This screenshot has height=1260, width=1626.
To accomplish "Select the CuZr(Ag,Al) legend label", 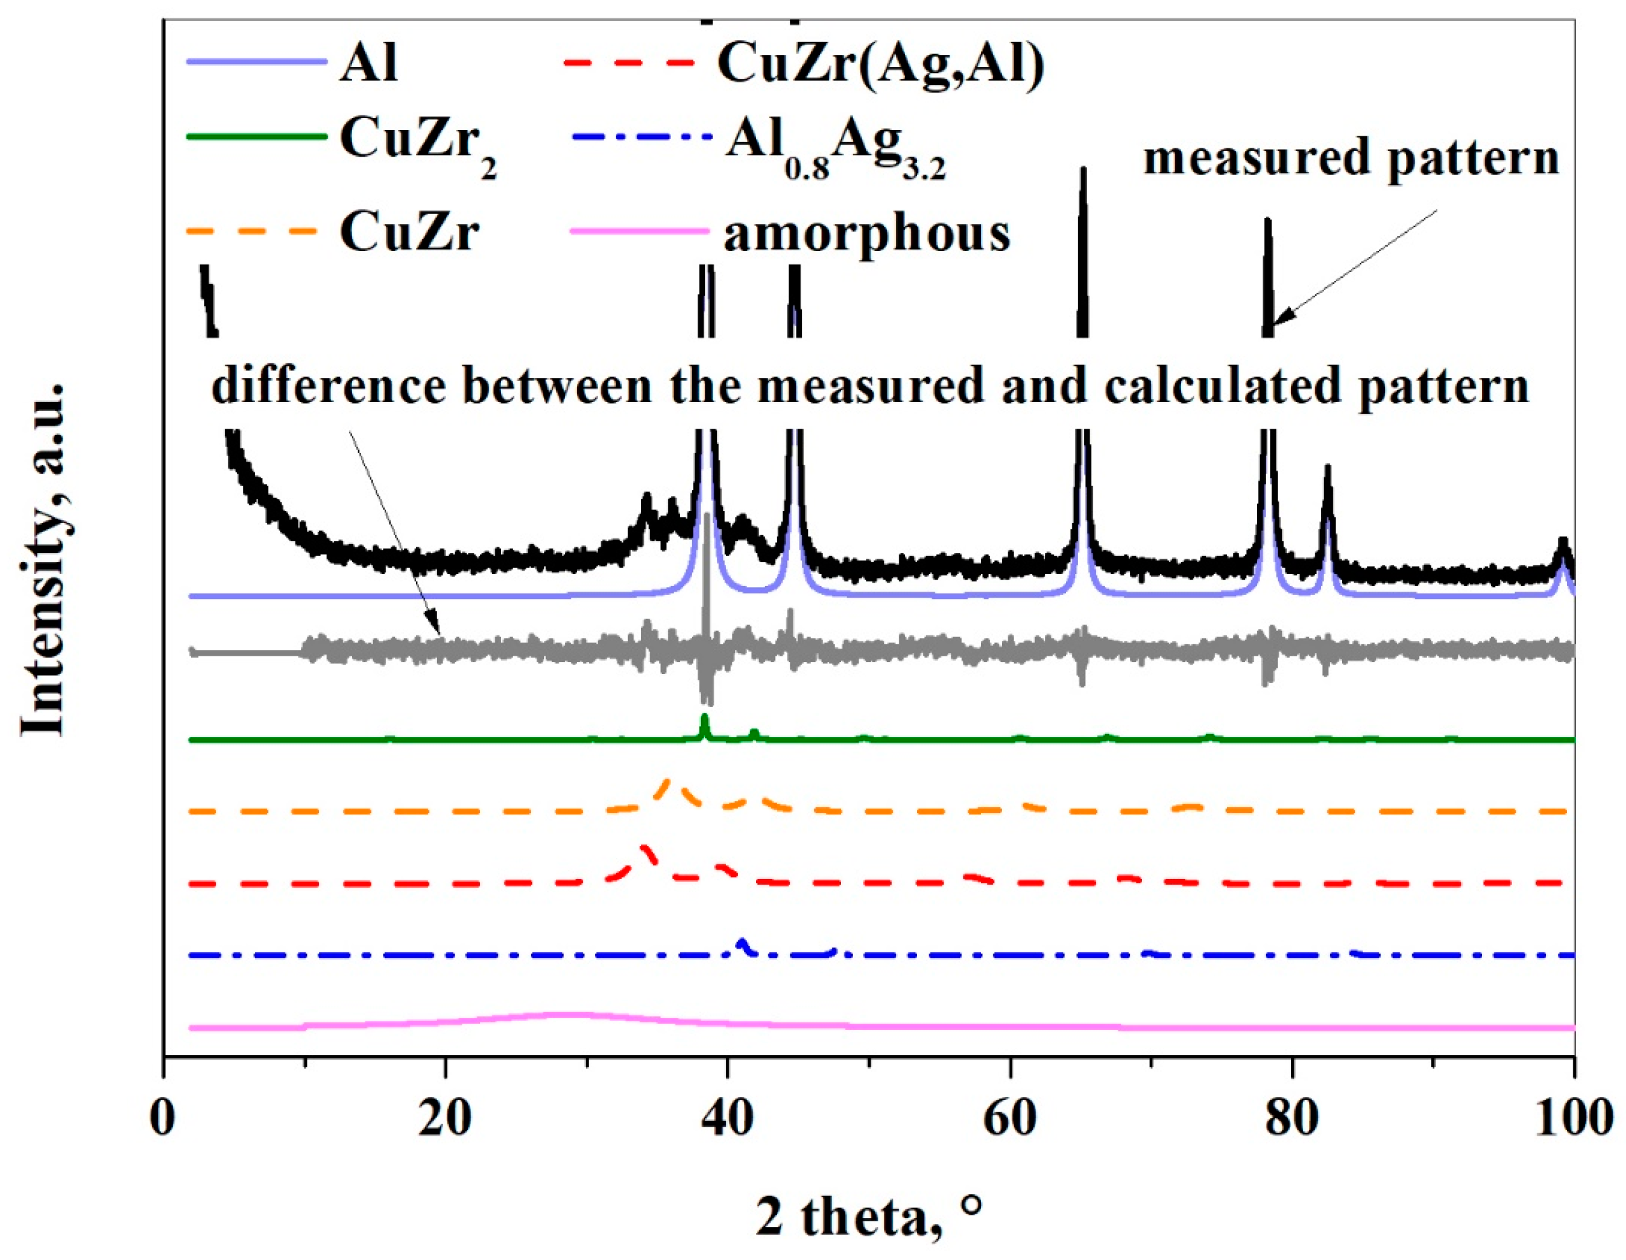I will coord(881,64).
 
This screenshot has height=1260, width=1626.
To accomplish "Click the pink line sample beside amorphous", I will coord(638,231).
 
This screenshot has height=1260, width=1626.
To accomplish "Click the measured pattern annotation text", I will coord(1351,158).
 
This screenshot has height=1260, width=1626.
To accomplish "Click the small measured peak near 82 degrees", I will coord(1327,467).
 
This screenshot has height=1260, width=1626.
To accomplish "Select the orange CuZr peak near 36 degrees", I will coord(667,781).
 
